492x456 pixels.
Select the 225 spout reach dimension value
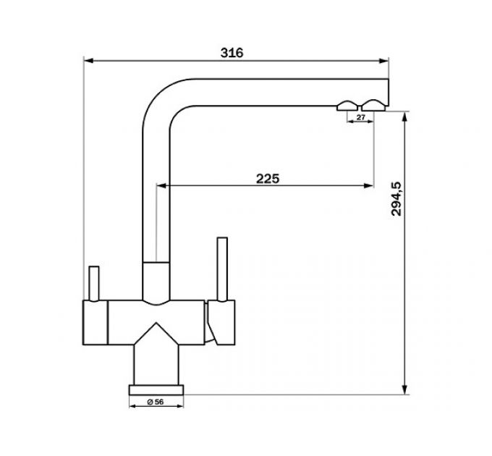click(x=268, y=179)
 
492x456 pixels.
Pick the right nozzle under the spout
click(x=374, y=104)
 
